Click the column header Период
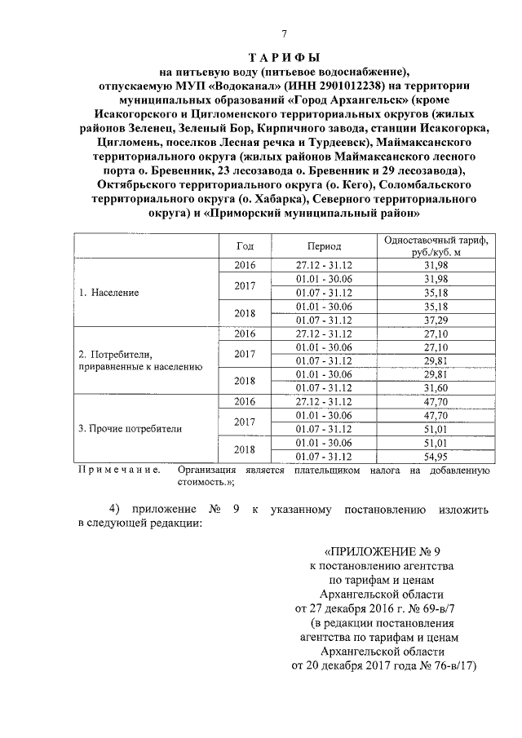coord(325,245)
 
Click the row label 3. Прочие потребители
coord(129,427)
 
